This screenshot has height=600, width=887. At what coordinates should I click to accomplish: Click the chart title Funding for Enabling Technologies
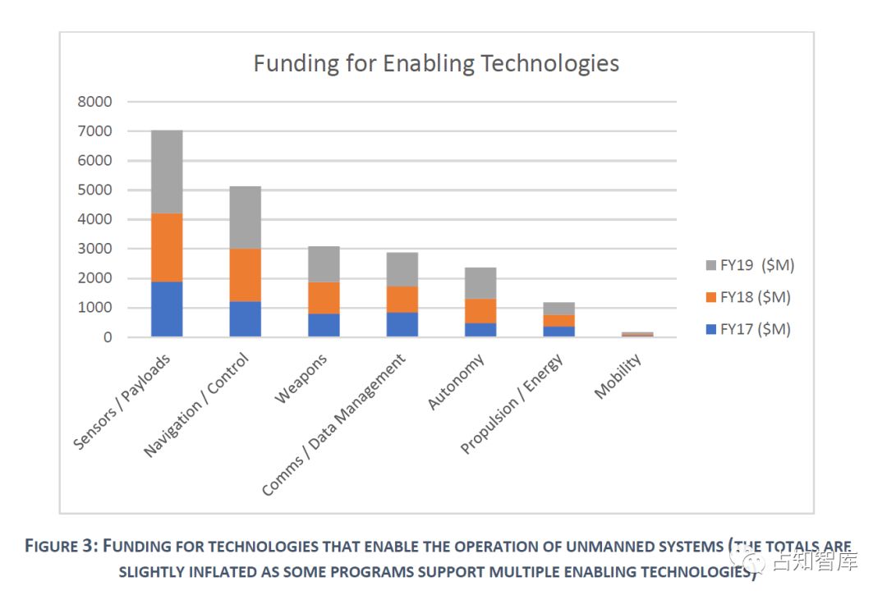coord(435,63)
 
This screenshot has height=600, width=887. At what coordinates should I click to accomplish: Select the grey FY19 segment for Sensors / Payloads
coord(167,172)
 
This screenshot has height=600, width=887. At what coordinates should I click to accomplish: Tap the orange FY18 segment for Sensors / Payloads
coord(167,247)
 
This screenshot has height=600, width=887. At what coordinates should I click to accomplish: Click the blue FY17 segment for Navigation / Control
coord(245,318)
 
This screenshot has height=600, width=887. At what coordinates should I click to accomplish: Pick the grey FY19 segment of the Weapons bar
coord(324,263)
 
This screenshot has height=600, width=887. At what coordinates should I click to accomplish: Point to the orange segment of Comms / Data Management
coord(402,299)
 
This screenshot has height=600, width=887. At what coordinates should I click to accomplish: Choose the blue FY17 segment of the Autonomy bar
coord(480,329)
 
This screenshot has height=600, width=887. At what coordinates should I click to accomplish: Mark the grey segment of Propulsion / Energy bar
coord(558,308)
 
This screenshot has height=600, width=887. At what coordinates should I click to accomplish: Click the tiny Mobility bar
coord(637,334)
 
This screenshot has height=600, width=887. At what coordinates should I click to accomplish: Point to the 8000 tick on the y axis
coord(95,102)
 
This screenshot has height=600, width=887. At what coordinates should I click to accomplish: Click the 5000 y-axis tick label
coord(95,190)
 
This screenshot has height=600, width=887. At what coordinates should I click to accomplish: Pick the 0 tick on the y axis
coord(107,337)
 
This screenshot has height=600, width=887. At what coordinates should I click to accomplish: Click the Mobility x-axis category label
coord(618,378)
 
